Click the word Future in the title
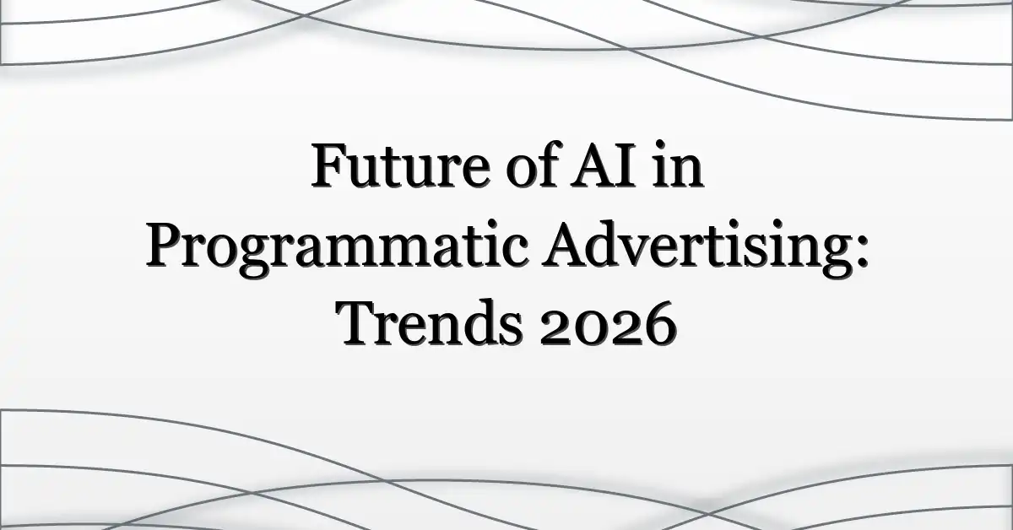pos(401,165)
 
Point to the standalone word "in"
pos(678,165)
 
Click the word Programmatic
pos(337,249)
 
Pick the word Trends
pos(429,322)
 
